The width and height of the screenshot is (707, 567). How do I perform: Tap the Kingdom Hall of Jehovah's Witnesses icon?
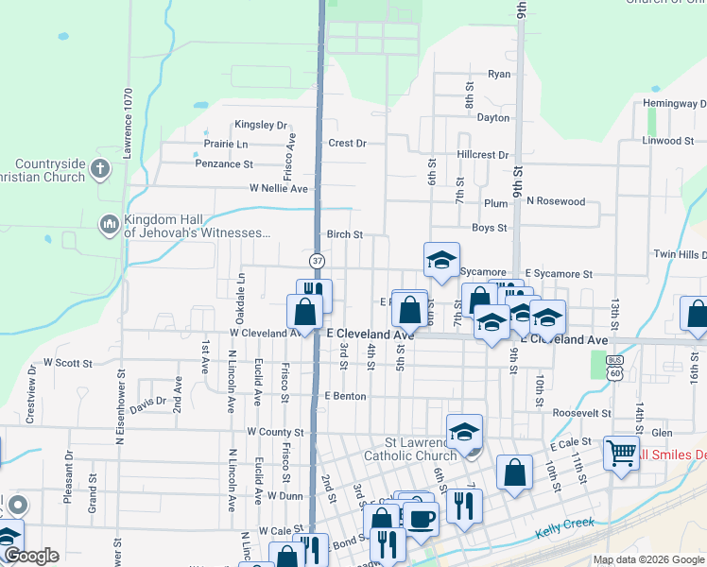click(x=109, y=225)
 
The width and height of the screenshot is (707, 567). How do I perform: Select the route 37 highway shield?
click(x=317, y=260)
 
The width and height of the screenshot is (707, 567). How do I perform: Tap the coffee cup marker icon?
click(x=421, y=517)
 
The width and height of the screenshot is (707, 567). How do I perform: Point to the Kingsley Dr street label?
click(x=261, y=125)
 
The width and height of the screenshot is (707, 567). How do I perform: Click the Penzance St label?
click(x=223, y=163)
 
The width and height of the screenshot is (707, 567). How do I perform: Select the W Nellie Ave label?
click(x=279, y=188)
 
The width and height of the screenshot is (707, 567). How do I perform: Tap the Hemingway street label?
click(x=674, y=102)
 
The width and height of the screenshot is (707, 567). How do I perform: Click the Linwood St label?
click(x=668, y=141)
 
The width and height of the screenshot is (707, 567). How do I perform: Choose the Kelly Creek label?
click(x=565, y=524)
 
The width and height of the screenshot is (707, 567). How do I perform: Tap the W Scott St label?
click(x=68, y=363)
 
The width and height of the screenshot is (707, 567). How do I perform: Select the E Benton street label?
click(x=344, y=396)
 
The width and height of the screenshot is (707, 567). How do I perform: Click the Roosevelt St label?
click(x=582, y=413)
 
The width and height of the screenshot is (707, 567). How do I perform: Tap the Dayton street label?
click(x=493, y=118)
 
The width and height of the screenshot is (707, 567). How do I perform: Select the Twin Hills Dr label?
click(x=680, y=255)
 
